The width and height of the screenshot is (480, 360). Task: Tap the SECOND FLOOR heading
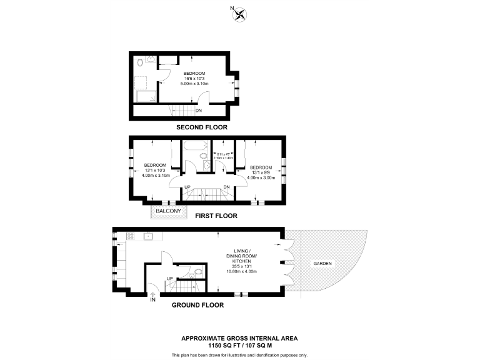click(x=201, y=127)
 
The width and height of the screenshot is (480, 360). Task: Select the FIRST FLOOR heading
click(x=216, y=215)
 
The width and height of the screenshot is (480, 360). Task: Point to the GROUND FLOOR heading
click(x=198, y=305)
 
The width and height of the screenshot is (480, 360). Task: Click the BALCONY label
click(x=168, y=211)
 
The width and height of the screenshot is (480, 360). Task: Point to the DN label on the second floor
click(x=198, y=111)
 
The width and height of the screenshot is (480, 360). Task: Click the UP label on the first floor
click(x=187, y=187)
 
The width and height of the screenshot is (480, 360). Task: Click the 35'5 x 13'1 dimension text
click(x=242, y=267)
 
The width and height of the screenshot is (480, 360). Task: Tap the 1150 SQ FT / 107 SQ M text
click(x=239, y=344)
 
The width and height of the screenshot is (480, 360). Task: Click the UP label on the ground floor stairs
click(x=169, y=278)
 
